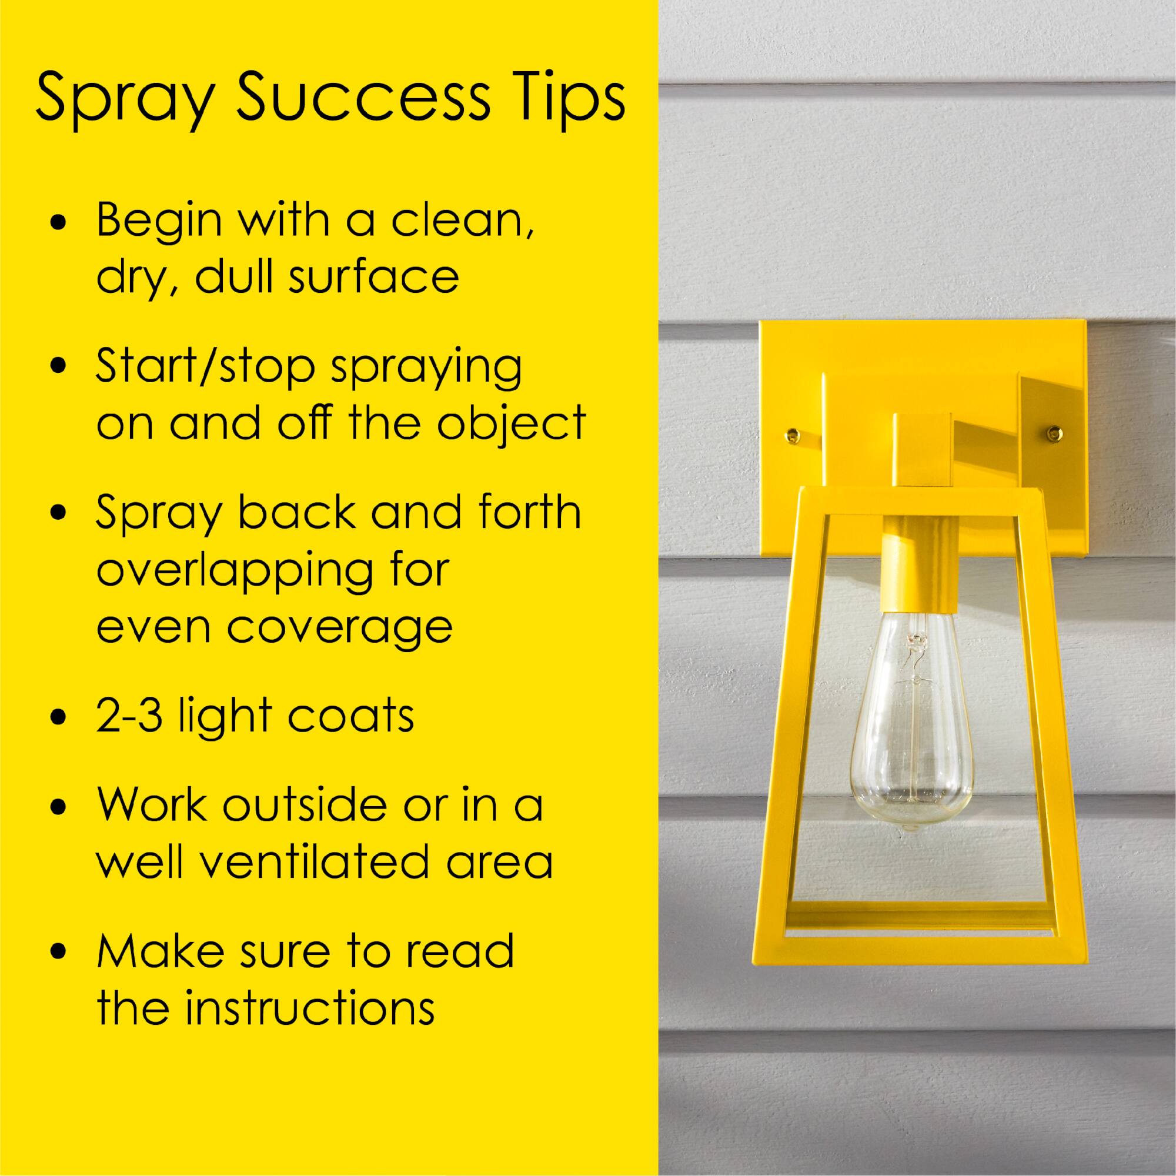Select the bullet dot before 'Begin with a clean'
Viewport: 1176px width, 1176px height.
click(x=59, y=223)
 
